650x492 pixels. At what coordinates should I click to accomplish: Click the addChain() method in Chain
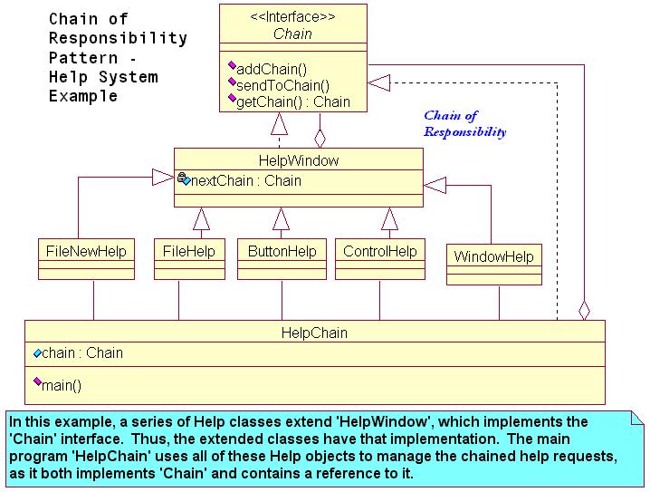click(x=271, y=69)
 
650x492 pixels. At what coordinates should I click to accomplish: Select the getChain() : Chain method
click(x=292, y=101)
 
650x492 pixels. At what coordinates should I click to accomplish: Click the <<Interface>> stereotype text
click(x=292, y=17)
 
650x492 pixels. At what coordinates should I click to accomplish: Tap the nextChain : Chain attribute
click(x=245, y=181)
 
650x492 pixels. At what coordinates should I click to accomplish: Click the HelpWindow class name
click(x=298, y=160)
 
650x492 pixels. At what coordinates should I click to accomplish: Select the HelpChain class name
click(x=314, y=333)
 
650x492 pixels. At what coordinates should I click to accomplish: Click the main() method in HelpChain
click(x=61, y=385)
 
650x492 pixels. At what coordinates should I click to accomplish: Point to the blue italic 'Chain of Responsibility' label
click(x=464, y=124)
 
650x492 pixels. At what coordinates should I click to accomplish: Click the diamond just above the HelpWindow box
click(x=320, y=137)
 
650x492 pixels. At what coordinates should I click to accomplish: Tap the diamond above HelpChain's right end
click(x=584, y=309)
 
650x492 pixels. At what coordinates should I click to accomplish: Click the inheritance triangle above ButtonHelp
click(x=282, y=218)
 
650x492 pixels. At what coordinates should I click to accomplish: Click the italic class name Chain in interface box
click(x=292, y=34)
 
